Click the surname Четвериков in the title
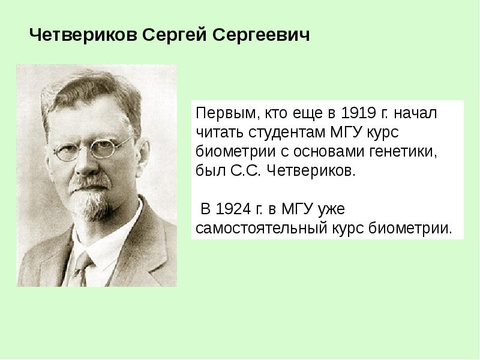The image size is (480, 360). (83, 36)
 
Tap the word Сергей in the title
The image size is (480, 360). (175, 36)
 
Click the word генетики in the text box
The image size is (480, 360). (416, 150)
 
